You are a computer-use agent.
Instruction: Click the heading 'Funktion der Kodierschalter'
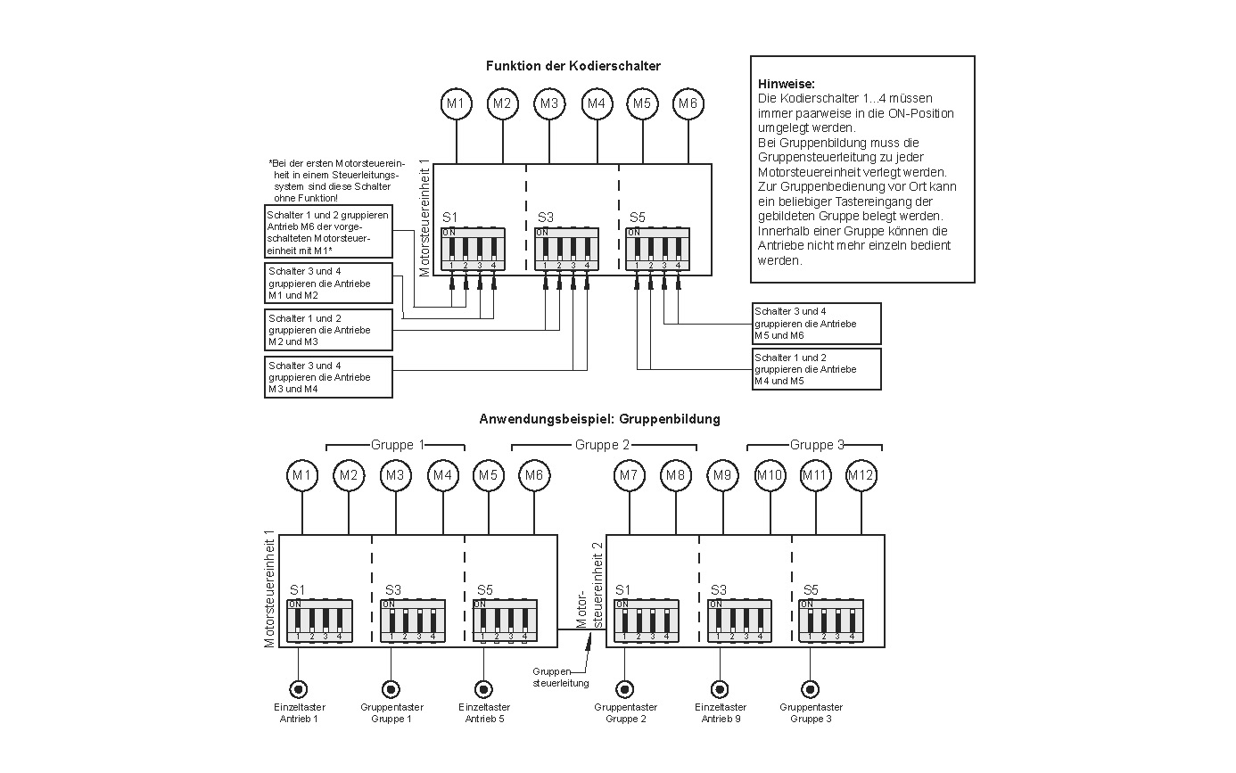(x=573, y=66)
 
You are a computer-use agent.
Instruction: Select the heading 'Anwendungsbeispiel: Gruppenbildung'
(x=599, y=418)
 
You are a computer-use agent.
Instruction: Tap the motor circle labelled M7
(x=630, y=476)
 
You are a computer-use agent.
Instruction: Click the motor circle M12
(x=861, y=476)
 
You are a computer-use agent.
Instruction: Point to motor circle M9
(x=722, y=476)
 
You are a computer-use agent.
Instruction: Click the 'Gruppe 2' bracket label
(x=602, y=445)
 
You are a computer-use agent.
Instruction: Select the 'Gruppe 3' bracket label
(x=817, y=445)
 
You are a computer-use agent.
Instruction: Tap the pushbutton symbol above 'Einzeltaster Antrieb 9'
(x=720, y=689)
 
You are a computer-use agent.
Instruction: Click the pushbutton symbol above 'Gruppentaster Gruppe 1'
(x=391, y=689)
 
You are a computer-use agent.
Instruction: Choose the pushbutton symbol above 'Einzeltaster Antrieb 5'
(x=483, y=689)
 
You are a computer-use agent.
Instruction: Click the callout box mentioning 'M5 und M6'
(x=817, y=324)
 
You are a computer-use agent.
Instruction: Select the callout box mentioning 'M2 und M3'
(x=329, y=330)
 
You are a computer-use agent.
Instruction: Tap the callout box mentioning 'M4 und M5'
(x=817, y=369)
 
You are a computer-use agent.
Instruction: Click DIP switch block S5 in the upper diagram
(x=657, y=249)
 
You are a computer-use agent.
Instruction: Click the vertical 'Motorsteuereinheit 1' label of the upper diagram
(x=424, y=218)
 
